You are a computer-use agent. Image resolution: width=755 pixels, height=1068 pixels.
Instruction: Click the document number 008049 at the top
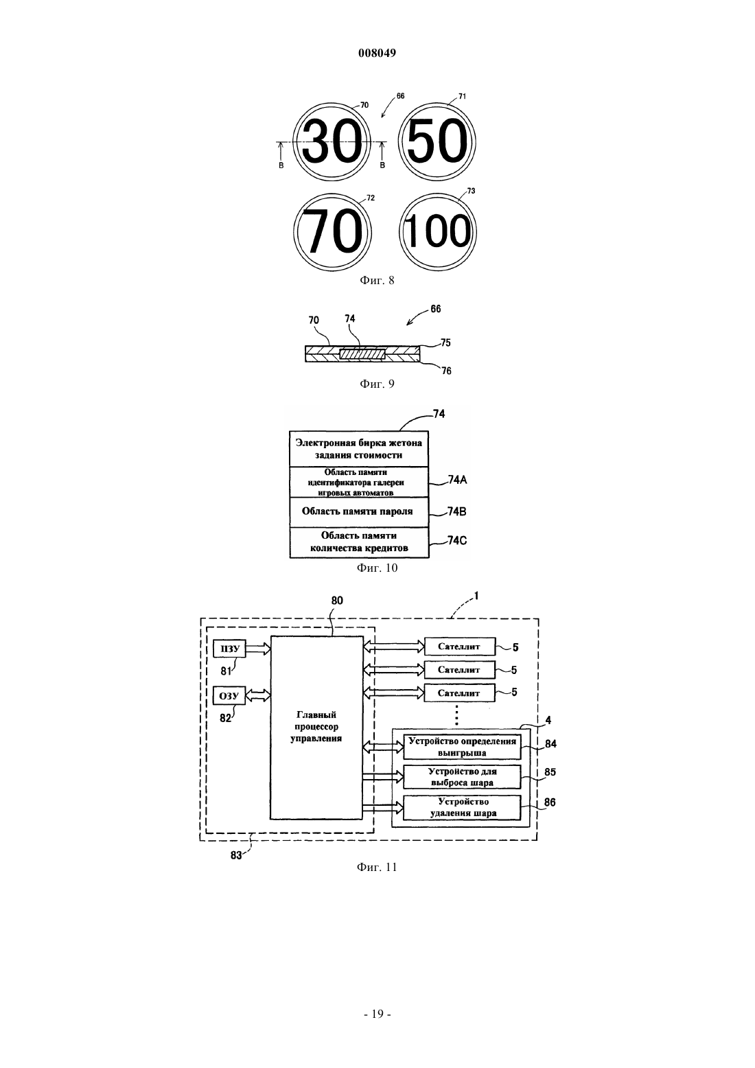pyautogui.click(x=377, y=53)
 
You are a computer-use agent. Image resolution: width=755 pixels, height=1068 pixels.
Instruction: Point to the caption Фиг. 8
pyautogui.click(x=377, y=280)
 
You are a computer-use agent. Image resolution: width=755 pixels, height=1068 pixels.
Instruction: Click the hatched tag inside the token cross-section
pyautogui.click(x=362, y=354)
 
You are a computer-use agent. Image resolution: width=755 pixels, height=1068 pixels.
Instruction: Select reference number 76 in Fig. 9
pyautogui.click(x=446, y=371)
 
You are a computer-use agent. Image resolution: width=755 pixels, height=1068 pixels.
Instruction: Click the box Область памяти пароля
pyautogui.click(x=359, y=512)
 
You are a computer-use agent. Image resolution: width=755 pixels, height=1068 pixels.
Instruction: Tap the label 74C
pyautogui.click(x=457, y=541)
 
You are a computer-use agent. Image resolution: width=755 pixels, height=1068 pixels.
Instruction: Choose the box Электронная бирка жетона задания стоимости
pyautogui.click(x=359, y=449)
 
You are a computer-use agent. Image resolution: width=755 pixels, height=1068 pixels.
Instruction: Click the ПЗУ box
pyautogui.click(x=230, y=649)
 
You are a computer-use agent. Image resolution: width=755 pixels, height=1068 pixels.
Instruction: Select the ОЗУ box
pyautogui.click(x=229, y=695)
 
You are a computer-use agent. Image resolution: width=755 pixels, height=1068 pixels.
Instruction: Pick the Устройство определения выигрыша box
pyautogui.click(x=462, y=747)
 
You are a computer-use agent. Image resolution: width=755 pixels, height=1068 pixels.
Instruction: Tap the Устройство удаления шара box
pyautogui.click(x=462, y=808)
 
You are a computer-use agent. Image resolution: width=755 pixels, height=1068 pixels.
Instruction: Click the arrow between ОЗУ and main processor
pyautogui.click(x=258, y=695)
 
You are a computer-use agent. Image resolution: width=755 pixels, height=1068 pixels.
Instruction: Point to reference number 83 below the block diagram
pyautogui.click(x=236, y=855)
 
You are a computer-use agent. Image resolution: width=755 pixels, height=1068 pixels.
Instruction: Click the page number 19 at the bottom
pyautogui.click(x=377, y=1014)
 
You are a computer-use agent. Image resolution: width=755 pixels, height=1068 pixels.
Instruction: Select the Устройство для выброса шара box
pyautogui.click(x=462, y=777)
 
